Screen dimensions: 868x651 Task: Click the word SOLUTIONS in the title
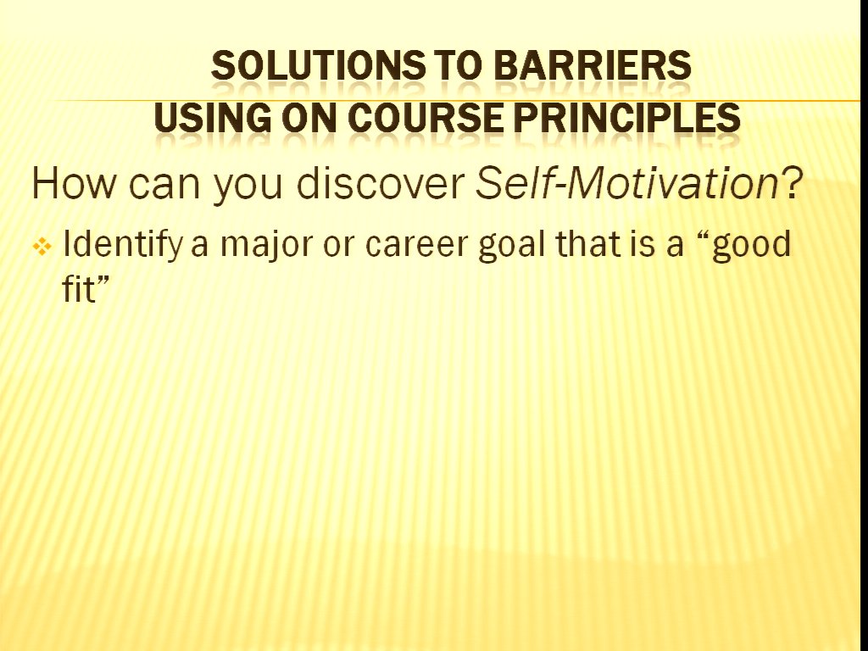click(x=319, y=65)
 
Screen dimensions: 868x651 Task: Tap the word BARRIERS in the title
click(x=591, y=65)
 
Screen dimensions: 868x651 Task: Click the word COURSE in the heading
click(x=426, y=118)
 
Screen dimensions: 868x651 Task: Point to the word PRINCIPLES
click(x=626, y=118)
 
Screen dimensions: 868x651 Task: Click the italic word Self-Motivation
click(x=626, y=183)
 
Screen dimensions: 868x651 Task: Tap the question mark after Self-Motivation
click(x=791, y=183)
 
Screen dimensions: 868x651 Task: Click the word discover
click(x=381, y=183)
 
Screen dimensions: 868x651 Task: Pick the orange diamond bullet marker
click(x=42, y=247)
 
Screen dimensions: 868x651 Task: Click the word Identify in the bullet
click(x=122, y=245)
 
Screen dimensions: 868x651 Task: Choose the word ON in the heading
click(x=309, y=118)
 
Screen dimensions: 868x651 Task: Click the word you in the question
click(x=248, y=187)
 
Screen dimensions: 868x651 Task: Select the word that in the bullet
click(x=587, y=243)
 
